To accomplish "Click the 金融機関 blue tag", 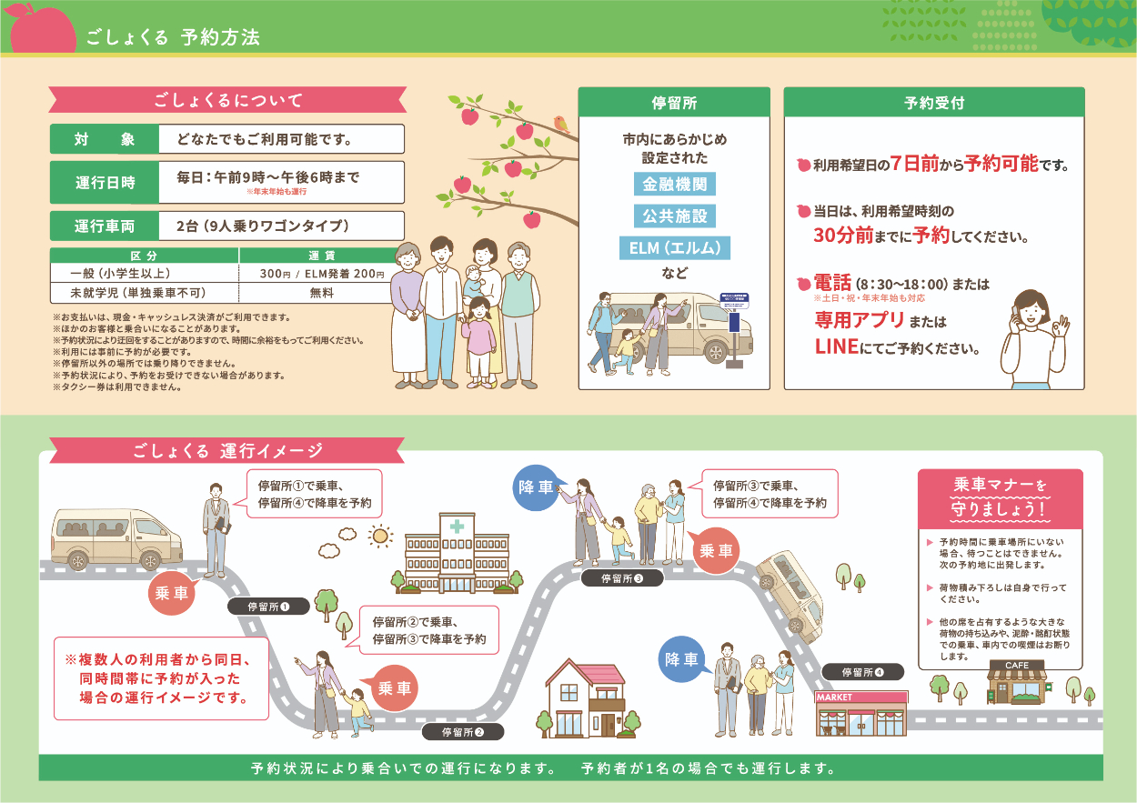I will pyautogui.click(x=674, y=184).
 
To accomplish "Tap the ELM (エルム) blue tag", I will pyautogui.click(x=674, y=247).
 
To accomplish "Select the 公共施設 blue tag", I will pyautogui.click(x=674, y=216).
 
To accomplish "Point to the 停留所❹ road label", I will pyautogui.click(x=862, y=672).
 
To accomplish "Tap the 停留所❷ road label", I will pyautogui.click(x=463, y=731).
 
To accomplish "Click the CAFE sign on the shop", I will pyautogui.click(x=1017, y=666).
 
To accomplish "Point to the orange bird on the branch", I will pyautogui.click(x=561, y=124).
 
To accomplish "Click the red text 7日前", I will pyautogui.click(x=912, y=164).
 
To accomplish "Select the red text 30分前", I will pyautogui.click(x=843, y=236).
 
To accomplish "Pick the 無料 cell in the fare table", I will pyautogui.click(x=322, y=294).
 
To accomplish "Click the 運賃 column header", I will pyautogui.click(x=322, y=256).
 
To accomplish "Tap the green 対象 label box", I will pyautogui.click(x=105, y=139).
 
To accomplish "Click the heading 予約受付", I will pyautogui.click(x=934, y=102).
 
